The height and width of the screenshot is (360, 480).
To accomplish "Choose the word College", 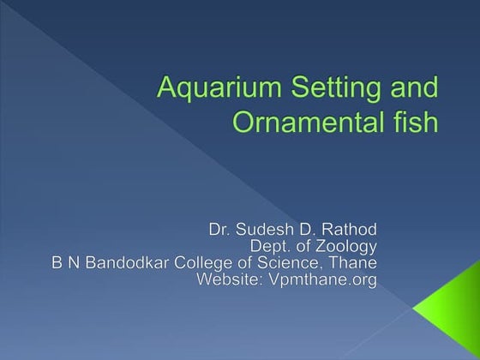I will [x=196, y=264].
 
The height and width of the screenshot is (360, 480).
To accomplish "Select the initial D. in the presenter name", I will [x=305, y=230].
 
